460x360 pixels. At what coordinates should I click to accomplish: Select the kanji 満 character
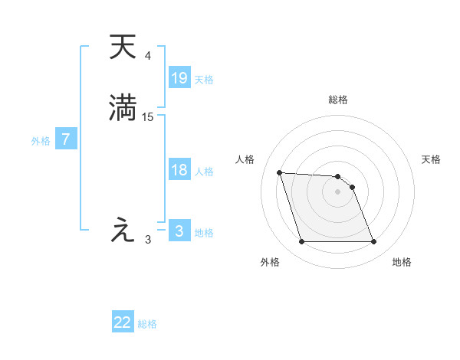[x=123, y=106]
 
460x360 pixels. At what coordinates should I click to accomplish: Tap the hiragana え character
[x=122, y=230]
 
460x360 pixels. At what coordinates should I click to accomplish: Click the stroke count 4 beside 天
[x=147, y=56]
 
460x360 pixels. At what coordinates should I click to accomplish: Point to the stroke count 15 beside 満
[x=148, y=116]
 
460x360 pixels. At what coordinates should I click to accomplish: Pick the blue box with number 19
[x=179, y=77]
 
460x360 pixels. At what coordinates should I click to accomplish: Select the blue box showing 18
[x=179, y=170]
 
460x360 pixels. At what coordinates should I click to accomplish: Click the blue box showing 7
[x=66, y=139]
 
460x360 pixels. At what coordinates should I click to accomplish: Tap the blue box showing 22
[x=123, y=322]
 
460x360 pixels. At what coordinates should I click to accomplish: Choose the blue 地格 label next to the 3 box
[x=204, y=233]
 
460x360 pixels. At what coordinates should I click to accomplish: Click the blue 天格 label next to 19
[x=204, y=80]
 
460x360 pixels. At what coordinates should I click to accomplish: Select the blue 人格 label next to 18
[x=204, y=172]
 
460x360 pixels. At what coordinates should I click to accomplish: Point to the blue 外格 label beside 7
[x=40, y=141]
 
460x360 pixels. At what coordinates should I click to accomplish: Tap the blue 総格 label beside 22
[x=147, y=324]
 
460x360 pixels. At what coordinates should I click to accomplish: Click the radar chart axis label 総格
[x=337, y=100]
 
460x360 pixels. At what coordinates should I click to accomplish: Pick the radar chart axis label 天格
[x=431, y=159]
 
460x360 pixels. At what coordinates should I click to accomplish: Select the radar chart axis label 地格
[x=402, y=262]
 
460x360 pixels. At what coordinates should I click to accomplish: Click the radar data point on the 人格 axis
[x=280, y=172]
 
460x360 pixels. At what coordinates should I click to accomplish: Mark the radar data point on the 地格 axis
[x=373, y=242]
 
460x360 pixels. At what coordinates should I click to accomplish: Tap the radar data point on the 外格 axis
[x=301, y=242]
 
